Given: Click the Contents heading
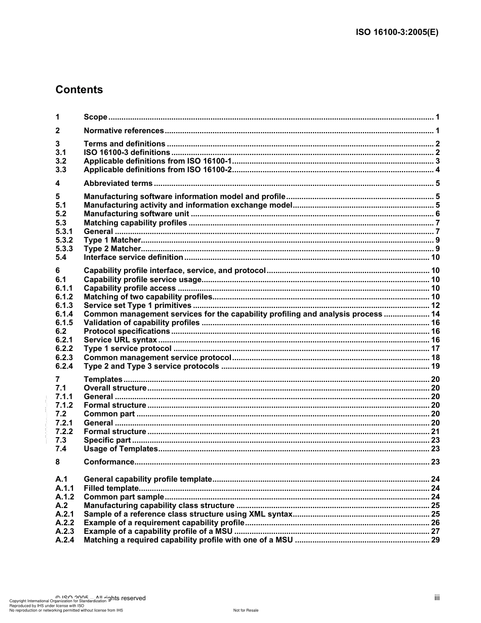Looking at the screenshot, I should click(79, 90).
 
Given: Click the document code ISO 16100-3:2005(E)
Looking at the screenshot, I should click(397, 32).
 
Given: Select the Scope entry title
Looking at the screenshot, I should click(95, 117).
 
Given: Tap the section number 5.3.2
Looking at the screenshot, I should click(64, 240).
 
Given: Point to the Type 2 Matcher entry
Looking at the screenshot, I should click(112, 249).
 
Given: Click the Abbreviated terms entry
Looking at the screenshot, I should click(118, 183).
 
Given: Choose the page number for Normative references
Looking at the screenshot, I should click(437, 131).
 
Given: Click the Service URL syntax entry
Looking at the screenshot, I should click(120, 340).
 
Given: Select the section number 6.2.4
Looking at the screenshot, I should click(64, 366).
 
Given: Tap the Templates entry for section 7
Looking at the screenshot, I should click(103, 379).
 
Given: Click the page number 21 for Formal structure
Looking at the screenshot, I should click(435, 432).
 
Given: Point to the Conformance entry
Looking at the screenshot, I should click(109, 462).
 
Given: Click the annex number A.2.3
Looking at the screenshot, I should click(64, 531).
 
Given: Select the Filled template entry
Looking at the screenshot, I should click(111, 488).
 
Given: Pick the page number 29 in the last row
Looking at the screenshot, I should click(435, 540).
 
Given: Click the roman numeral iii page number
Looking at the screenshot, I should click(436, 598).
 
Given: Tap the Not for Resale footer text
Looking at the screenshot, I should click(246, 610).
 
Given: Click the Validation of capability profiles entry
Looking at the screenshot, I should click(141, 323).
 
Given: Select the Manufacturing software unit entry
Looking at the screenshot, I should click(136, 214).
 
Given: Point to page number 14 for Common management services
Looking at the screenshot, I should click(435, 314).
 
